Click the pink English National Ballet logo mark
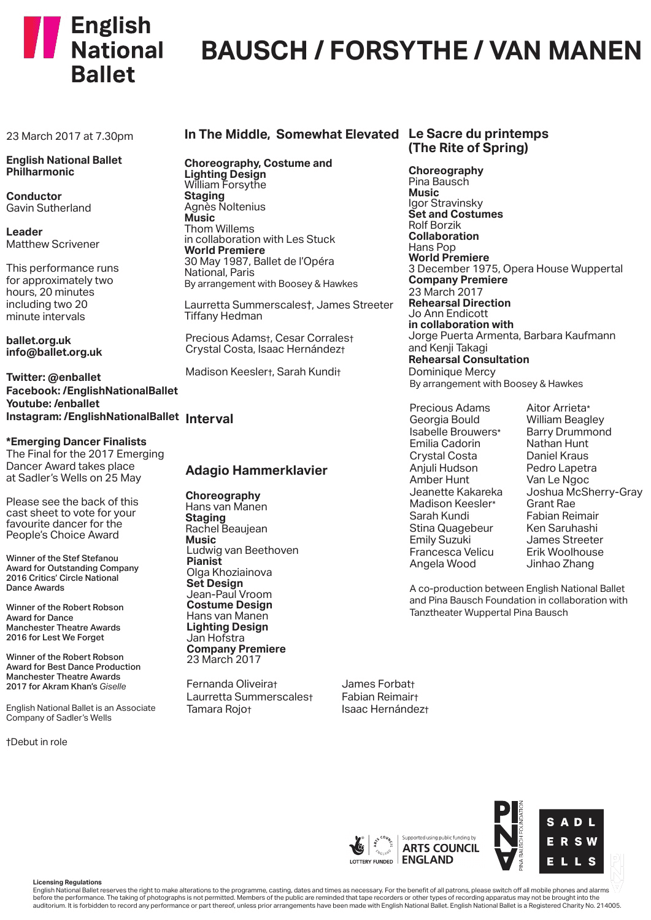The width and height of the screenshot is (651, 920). tap(42, 37)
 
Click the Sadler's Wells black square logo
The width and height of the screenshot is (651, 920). tap(571, 841)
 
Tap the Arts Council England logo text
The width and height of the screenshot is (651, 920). tap(440, 854)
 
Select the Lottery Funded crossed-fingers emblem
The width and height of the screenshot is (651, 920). tap(356, 846)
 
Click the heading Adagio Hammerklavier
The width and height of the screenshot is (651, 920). tap(256, 470)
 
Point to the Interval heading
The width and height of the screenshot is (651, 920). tap(209, 419)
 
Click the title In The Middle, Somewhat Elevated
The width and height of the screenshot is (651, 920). tap(291, 134)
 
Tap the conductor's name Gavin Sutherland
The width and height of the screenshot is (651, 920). tap(48, 208)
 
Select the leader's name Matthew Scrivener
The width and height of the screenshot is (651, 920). tap(53, 244)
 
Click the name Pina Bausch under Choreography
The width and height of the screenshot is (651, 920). tap(439, 182)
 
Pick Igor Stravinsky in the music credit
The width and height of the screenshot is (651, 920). tap(445, 203)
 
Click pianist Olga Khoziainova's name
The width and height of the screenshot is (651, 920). tap(229, 572)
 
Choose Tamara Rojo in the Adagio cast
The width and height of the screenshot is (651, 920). tap(219, 710)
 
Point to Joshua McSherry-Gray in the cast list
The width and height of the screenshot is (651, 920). tap(584, 492)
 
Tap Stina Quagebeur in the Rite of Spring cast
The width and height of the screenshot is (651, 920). tap(451, 528)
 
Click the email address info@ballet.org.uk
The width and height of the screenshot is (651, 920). tap(54, 352)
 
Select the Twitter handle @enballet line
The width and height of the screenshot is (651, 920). tap(53, 377)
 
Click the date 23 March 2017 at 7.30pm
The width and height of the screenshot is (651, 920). tap(69, 136)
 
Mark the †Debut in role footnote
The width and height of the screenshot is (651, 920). tap(37, 742)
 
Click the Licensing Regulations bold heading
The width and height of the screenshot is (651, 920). tap(67, 882)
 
